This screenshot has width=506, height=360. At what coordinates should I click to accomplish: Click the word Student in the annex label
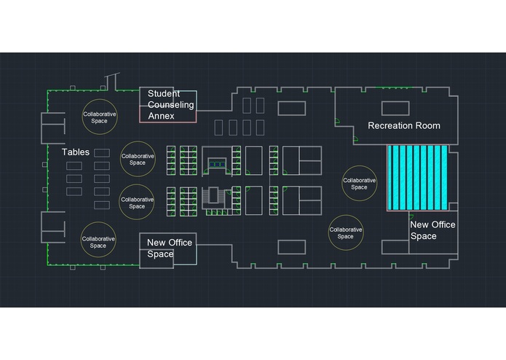tap(164, 93)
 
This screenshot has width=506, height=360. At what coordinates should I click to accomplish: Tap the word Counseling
tap(170, 105)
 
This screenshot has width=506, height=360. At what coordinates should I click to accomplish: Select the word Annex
tap(161, 116)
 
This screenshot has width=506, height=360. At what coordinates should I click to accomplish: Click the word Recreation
tap(388, 125)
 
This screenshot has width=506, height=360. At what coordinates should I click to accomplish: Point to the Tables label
tap(76, 152)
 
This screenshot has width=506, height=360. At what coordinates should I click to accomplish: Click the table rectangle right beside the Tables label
tap(102, 153)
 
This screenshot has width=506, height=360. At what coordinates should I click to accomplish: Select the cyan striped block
tap(418, 178)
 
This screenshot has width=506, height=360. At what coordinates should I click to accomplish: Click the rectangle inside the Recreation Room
tap(395, 108)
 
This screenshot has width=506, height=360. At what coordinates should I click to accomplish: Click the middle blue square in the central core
tap(217, 165)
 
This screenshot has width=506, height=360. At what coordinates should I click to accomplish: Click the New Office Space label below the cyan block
tap(432, 230)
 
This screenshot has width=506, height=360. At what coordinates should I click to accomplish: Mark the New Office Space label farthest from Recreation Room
tap(170, 249)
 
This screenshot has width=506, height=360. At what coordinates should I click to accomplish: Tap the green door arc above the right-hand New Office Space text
tap(411, 216)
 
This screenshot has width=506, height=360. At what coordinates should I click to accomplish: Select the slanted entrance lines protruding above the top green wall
tap(111, 81)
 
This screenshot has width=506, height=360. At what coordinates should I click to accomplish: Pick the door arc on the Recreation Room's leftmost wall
tap(337, 121)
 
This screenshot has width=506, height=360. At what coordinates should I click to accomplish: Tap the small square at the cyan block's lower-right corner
tap(453, 207)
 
